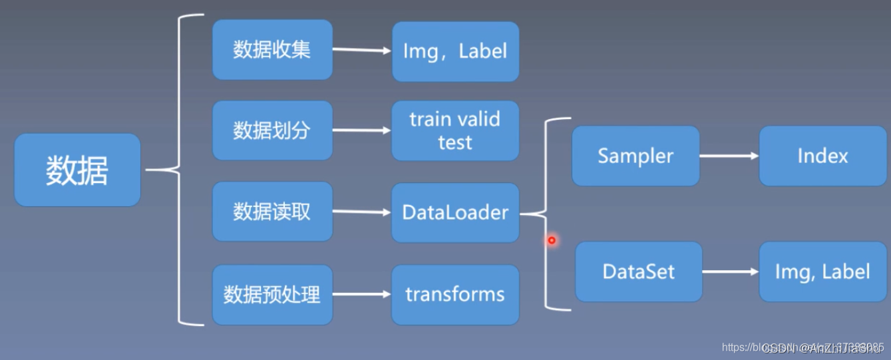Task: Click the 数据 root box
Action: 77,170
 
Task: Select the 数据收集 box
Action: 272,50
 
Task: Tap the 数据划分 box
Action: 272,130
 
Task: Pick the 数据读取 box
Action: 272,212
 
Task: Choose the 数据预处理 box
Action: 272,294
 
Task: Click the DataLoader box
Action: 455,212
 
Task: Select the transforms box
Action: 455,294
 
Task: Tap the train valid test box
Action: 455,130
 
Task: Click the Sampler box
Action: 635,156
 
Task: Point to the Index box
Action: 822,156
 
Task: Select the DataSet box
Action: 638,271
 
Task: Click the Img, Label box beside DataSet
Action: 822,271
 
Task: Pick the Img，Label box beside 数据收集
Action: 455,51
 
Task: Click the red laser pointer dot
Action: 552,240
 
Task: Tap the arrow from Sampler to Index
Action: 729,156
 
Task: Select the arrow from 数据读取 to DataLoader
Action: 361,212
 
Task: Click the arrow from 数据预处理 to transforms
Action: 361,293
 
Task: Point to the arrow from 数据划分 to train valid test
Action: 361,130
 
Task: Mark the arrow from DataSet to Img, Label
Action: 730,271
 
